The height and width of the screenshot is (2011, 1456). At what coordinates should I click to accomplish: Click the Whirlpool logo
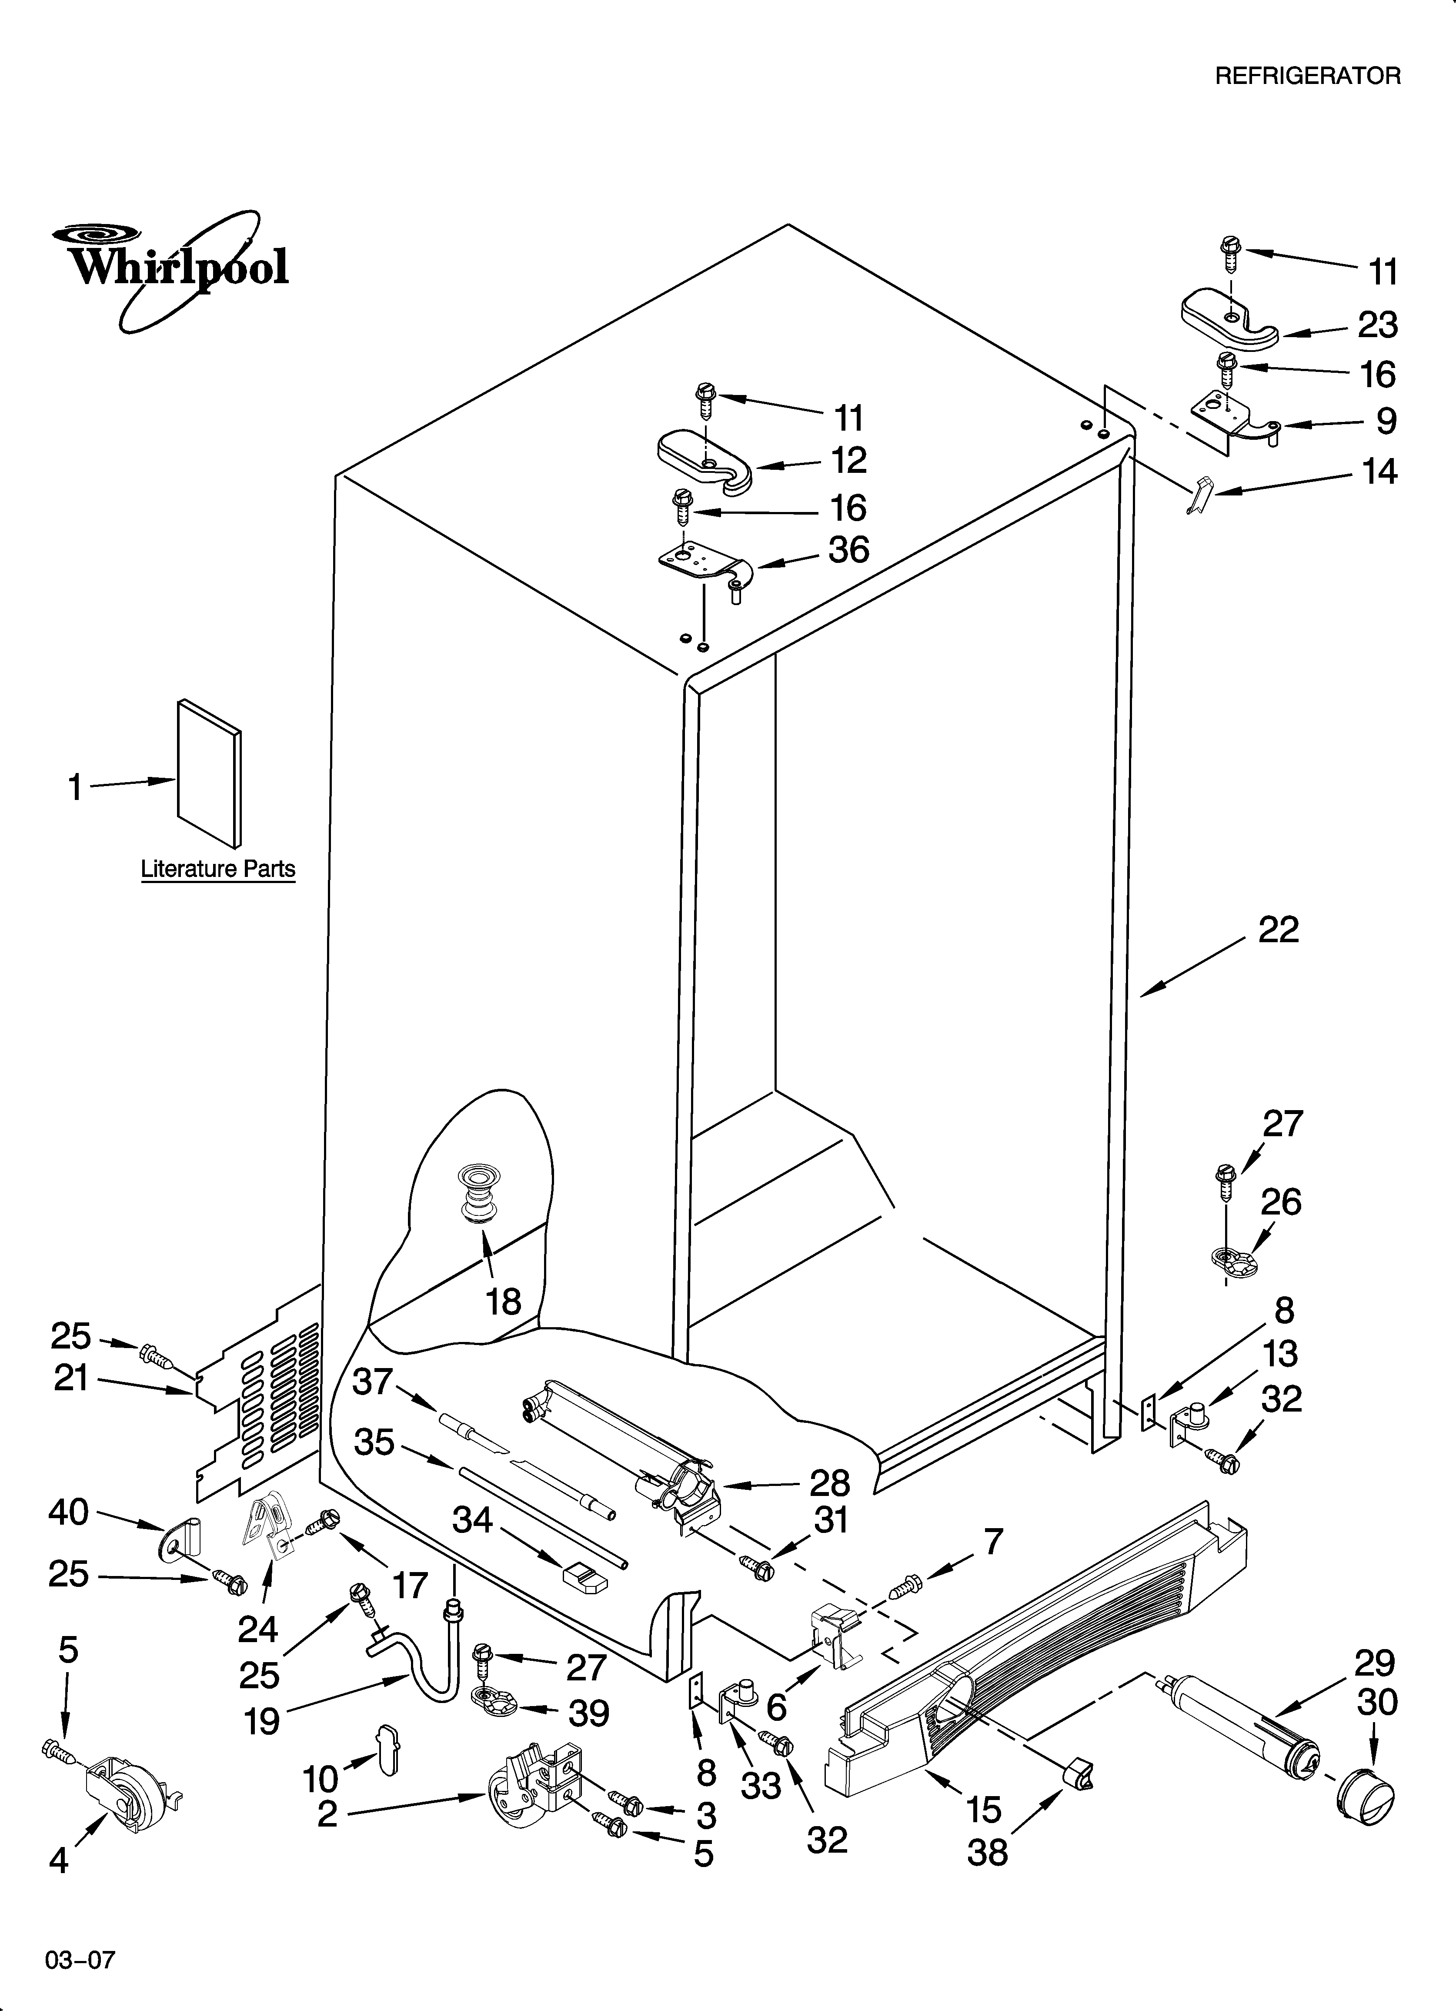click(x=168, y=266)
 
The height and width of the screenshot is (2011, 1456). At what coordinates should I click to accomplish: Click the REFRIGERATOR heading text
click(x=1307, y=76)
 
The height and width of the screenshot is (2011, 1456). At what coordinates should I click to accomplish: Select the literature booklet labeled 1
click(x=209, y=773)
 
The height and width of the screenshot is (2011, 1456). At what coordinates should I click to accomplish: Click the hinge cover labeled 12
click(x=705, y=459)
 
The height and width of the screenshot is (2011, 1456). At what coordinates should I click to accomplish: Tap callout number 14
click(x=1379, y=472)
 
